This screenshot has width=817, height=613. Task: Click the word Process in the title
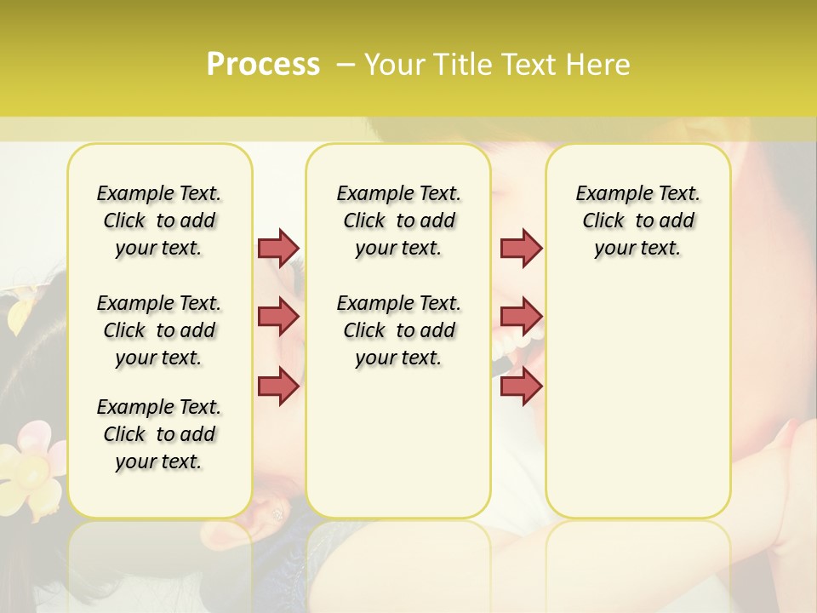point(263,65)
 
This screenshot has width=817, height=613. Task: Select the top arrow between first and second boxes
point(278,248)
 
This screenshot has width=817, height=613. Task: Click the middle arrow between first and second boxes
point(278,317)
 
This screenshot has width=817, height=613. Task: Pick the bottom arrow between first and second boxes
point(278,386)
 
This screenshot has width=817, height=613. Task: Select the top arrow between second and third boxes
point(521,248)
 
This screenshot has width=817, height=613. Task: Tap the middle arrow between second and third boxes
point(521,317)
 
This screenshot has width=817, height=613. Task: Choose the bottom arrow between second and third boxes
point(521,386)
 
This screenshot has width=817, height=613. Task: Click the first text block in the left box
point(159,221)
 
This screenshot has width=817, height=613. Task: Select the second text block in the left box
point(159,330)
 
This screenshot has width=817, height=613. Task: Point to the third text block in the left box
point(159,434)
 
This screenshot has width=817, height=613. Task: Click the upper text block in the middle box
point(398,221)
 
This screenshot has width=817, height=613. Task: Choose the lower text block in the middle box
point(398,330)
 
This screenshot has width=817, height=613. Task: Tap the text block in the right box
point(637,221)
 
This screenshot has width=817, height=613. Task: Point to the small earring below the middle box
point(277,513)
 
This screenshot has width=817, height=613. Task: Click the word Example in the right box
point(608,194)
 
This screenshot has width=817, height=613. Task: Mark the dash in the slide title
point(346,65)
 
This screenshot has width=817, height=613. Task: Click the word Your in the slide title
point(393,65)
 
